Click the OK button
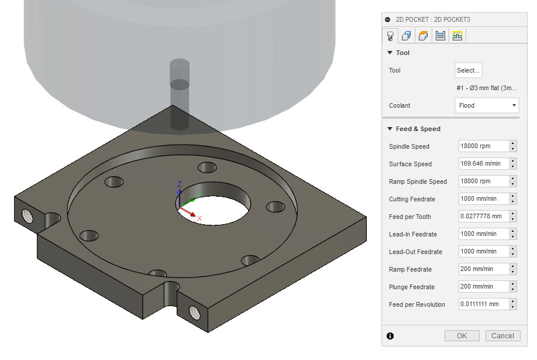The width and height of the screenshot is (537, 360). [462, 335]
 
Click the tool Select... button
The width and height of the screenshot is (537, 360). [468, 70]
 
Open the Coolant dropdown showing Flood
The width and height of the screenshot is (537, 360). [487, 105]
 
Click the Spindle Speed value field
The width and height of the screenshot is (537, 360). [483, 146]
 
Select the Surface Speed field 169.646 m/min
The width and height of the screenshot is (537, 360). [483, 164]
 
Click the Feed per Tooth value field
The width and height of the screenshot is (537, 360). [483, 217]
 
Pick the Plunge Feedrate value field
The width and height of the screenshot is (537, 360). [483, 287]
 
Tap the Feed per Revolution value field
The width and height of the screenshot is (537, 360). [483, 304]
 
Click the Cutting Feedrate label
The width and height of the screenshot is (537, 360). [412, 199]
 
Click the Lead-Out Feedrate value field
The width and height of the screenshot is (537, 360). [483, 252]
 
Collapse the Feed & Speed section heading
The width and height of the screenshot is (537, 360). [418, 129]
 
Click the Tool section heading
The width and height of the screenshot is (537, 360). [402, 53]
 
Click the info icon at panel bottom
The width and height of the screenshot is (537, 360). [390, 336]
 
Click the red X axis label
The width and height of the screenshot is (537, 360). [199, 219]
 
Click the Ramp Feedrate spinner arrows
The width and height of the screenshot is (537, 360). [513, 269]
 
